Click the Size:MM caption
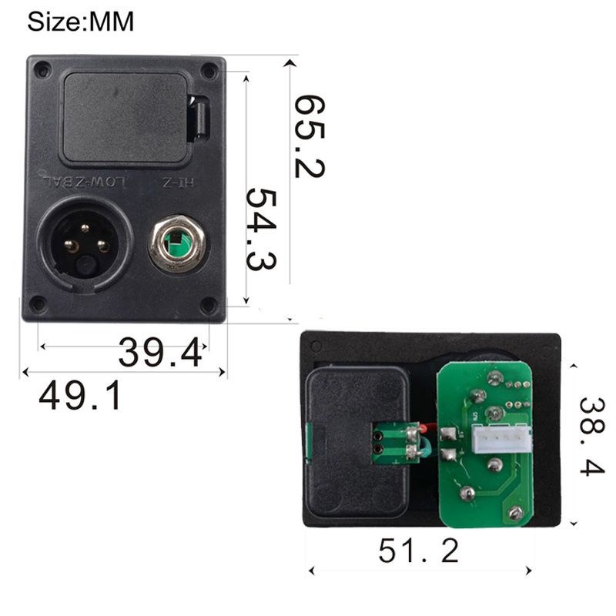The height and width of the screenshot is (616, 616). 81,22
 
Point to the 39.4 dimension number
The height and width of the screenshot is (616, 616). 161,353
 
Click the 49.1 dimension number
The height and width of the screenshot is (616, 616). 80,396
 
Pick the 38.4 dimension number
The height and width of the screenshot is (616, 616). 592,436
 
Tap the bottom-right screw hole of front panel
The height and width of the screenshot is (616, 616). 207,306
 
